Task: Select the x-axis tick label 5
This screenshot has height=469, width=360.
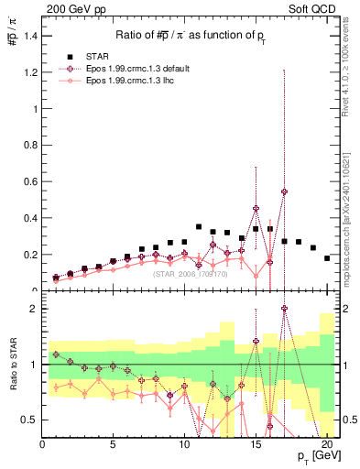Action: click(113, 446)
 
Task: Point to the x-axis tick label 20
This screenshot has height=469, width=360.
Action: click(327, 446)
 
